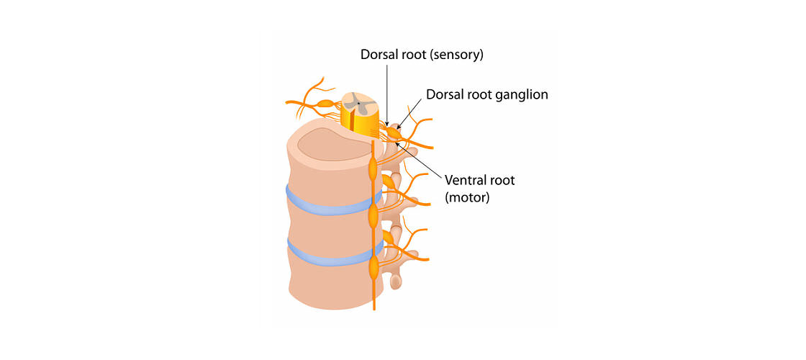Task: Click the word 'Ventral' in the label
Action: (466, 180)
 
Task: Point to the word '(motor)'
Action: (467, 197)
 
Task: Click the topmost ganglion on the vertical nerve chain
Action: (373, 170)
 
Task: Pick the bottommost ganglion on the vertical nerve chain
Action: (373, 268)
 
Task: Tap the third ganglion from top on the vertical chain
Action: (373, 268)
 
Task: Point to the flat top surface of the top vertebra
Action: (331, 144)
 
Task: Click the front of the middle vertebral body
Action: (324, 227)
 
